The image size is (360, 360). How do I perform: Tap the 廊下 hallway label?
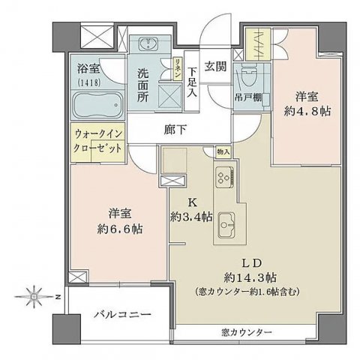[176, 129]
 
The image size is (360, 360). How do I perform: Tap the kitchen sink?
[230, 223]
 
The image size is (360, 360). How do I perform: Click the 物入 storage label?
[224, 152]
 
